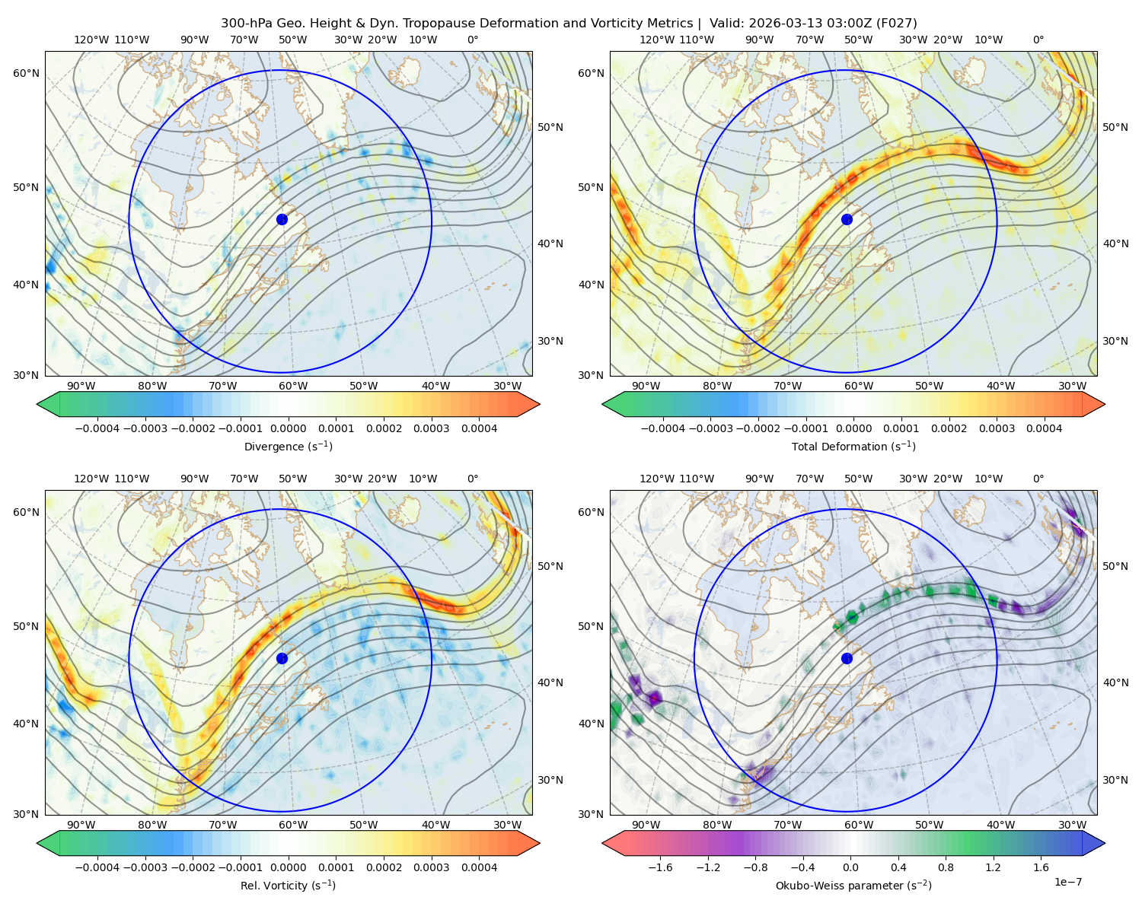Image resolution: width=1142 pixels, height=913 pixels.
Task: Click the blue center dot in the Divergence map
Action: pyautogui.click(x=282, y=219)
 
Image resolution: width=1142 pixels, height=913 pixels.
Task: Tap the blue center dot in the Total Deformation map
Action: pyautogui.click(x=847, y=219)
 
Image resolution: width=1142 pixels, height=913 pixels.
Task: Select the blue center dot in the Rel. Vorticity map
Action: pyautogui.click(x=282, y=658)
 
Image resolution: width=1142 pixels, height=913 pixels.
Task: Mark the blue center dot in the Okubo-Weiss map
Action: pyautogui.click(x=847, y=658)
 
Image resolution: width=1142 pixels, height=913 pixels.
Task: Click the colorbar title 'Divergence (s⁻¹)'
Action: pyautogui.click(x=288, y=446)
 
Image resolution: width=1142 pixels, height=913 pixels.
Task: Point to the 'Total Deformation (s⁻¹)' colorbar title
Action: pyautogui.click(x=853, y=446)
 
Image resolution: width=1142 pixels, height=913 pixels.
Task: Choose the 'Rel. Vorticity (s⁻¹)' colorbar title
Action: pyautogui.click(x=288, y=885)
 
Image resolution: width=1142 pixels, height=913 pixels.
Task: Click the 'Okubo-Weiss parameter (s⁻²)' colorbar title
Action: pyautogui.click(x=853, y=885)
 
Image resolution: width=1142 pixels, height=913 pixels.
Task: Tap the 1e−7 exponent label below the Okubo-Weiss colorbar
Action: pyautogui.click(x=1067, y=882)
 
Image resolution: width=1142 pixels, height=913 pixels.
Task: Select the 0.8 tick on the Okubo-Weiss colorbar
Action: pyautogui.click(x=946, y=867)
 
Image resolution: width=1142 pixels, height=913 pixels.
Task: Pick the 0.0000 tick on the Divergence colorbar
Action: pyautogui.click(x=288, y=428)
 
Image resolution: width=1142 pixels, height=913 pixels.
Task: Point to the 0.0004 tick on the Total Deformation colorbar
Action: pyautogui.click(x=1044, y=428)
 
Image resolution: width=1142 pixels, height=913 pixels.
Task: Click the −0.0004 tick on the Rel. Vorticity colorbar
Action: pyautogui.click(x=97, y=867)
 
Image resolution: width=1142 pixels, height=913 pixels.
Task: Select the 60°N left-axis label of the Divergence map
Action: pyautogui.click(x=26, y=73)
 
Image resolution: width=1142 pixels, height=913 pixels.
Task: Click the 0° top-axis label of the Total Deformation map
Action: pyautogui.click(x=1038, y=40)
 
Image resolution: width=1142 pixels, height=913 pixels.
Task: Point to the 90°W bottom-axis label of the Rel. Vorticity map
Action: pyautogui.click(x=81, y=825)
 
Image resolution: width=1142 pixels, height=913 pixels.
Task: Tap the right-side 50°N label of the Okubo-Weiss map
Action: pyautogui.click(x=1115, y=566)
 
